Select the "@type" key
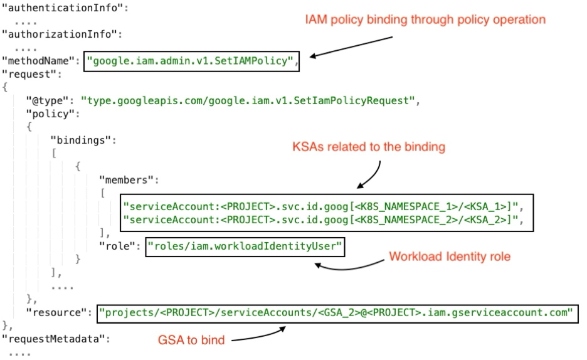(49, 100)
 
